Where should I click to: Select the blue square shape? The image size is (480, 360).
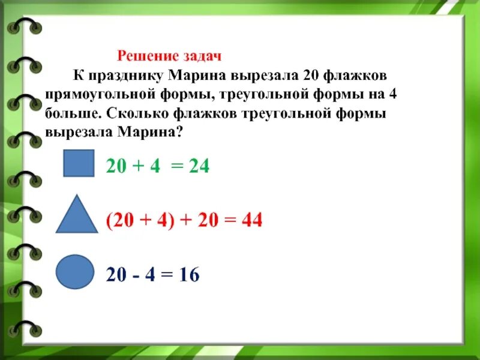click(x=79, y=163)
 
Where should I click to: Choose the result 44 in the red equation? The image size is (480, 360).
click(x=251, y=221)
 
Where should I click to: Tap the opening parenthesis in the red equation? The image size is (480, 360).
click(x=109, y=221)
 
